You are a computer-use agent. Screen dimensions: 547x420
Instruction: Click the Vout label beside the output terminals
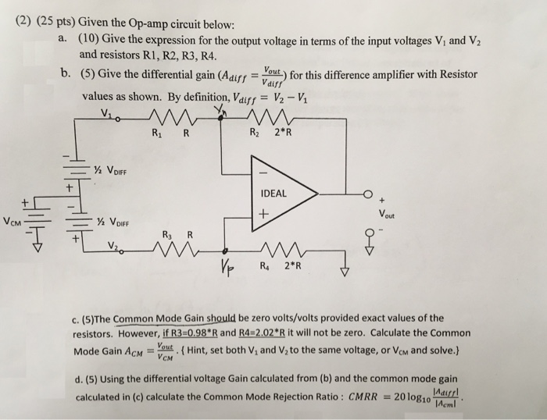(x=386, y=212)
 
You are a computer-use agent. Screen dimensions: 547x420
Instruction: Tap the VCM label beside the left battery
(x=13, y=221)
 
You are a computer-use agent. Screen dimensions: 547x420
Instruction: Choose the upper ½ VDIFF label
(x=110, y=173)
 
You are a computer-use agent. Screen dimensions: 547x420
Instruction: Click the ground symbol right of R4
(x=345, y=272)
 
